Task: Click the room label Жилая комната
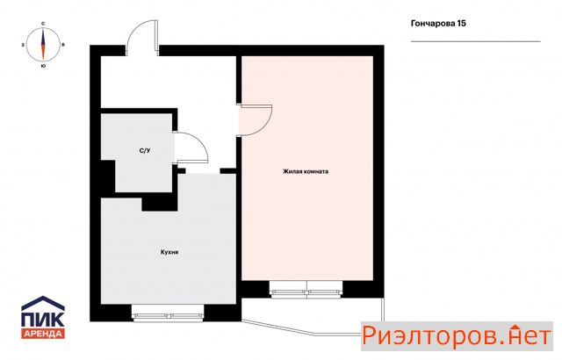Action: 306,171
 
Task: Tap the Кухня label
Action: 169,252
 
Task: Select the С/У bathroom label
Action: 145,151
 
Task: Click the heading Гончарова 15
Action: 438,24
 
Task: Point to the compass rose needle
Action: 43,45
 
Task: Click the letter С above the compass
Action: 43,24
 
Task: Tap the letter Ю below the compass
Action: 43,66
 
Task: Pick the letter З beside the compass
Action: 23,45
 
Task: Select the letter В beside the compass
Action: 63,45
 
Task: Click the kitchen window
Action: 168,313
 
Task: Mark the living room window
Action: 306,290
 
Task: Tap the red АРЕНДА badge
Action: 43,334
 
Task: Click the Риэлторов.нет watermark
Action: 457,336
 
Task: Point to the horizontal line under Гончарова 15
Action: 475,41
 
